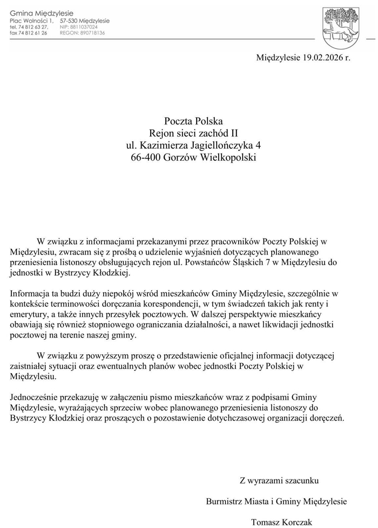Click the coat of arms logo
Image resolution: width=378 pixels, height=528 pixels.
tap(340, 28)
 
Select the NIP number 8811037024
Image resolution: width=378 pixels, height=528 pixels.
tap(84, 27)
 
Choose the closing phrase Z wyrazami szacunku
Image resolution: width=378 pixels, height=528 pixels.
tap(279, 480)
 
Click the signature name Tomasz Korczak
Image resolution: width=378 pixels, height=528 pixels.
tap(281, 522)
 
